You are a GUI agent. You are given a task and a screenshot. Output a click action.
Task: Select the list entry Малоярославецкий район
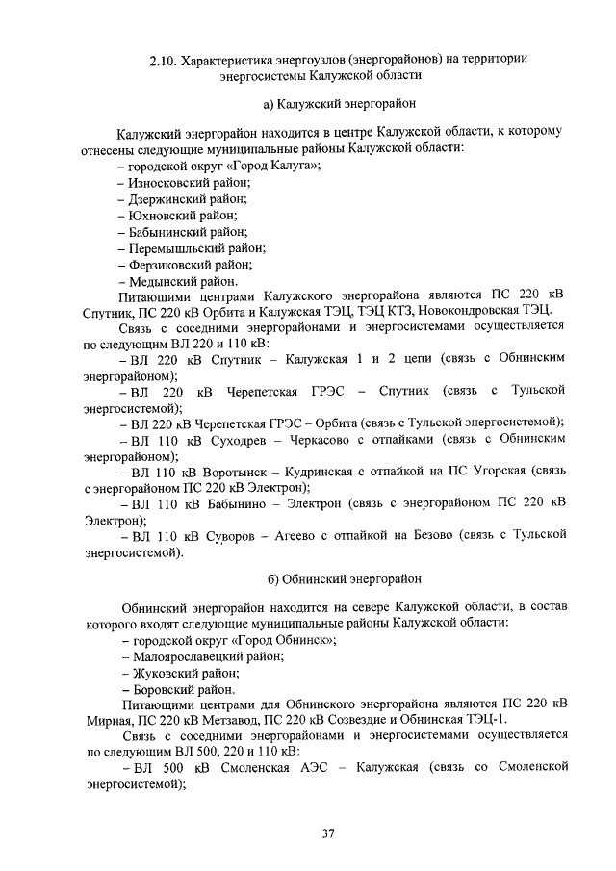pyautogui.click(x=209, y=656)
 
